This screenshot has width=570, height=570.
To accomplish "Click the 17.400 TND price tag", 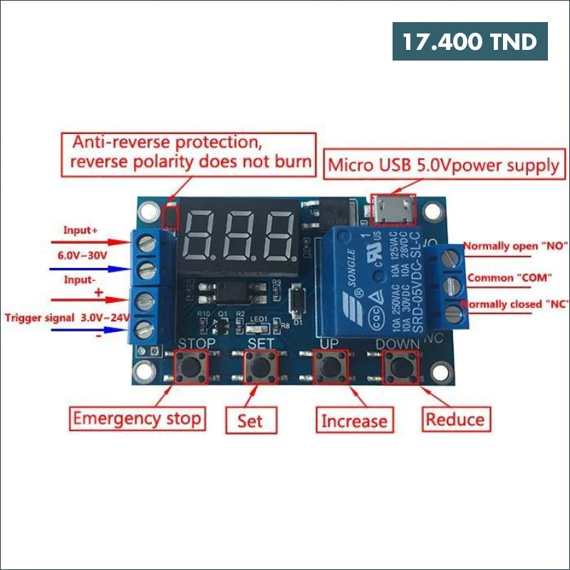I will click(470, 41).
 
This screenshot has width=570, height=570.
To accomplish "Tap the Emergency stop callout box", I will click(138, 418).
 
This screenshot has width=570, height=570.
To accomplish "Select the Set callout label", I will click(250, 420).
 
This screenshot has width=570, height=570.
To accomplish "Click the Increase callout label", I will click(354, 420).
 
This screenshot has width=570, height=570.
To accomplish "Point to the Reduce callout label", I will click(455, 419).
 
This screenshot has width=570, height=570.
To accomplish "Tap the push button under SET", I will click(260, 366).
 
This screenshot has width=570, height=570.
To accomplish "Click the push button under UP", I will click(330, 366).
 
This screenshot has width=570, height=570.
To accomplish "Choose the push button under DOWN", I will click(399, 366).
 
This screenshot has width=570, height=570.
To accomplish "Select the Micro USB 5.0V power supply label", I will click(443, 166).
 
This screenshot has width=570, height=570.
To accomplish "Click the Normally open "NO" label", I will click(515, 247).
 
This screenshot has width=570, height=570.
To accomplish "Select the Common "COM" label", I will click(512, 277).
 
